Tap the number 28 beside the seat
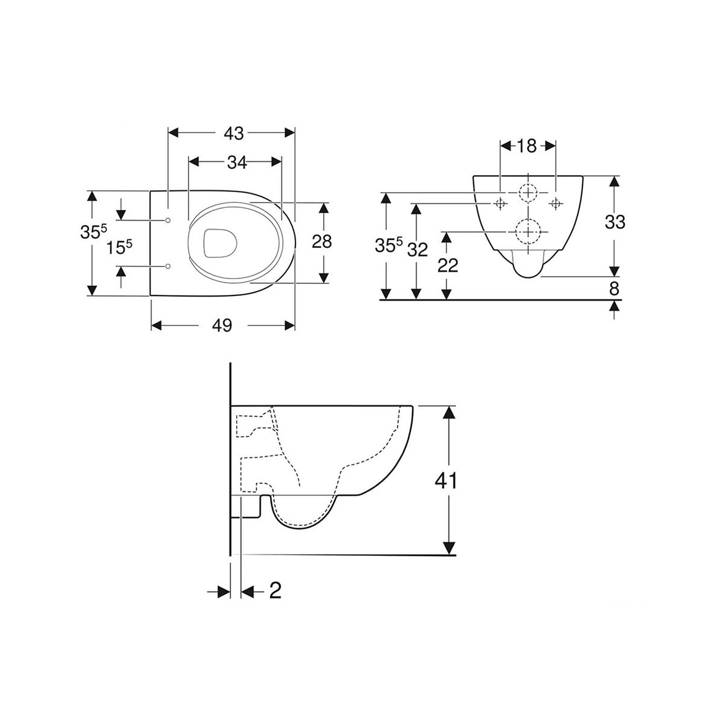point(322,242)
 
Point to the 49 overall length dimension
point(222,326)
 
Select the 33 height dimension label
point(614,222)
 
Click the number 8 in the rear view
point(614,289)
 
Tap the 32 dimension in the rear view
point(417,250)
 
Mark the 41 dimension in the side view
point(446,482)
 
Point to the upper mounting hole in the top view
point(168,219)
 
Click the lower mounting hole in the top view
point(168,266)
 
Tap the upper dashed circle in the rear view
point(528,193)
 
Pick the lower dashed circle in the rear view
point(528,231)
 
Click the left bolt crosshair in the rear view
point(500,204)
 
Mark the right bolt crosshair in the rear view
point(555,204)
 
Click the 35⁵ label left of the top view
point(94,232)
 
